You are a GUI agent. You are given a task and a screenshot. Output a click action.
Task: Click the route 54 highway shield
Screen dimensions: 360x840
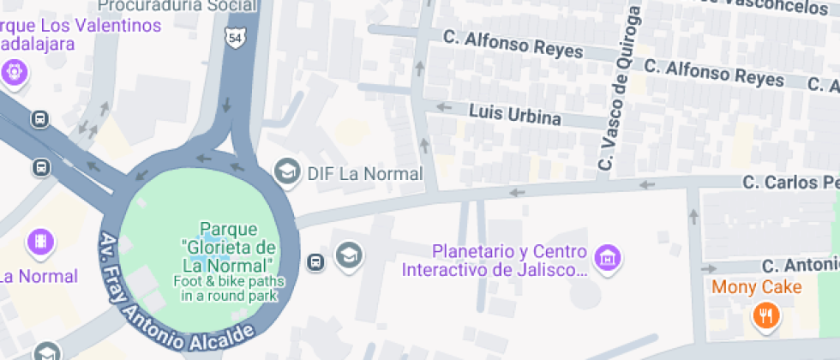(x=236, y=38)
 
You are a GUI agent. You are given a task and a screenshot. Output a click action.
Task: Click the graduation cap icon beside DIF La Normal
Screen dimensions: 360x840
(x=286, y=173)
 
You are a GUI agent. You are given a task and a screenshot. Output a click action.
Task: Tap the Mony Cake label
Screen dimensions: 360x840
(x=757, y=287)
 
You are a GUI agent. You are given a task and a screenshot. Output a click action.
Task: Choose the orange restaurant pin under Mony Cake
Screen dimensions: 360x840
(x=765, y=316)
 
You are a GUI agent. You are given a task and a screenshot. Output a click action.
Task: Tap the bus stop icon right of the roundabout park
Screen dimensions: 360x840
(x=315, y=261)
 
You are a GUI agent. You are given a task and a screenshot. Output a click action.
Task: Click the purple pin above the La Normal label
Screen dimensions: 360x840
(x=40, y=242)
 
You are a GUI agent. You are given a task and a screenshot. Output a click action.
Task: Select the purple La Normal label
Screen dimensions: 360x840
(x=39, y=276)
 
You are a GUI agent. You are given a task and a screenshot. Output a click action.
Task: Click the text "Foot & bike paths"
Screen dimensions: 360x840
(x=228, y=281)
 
